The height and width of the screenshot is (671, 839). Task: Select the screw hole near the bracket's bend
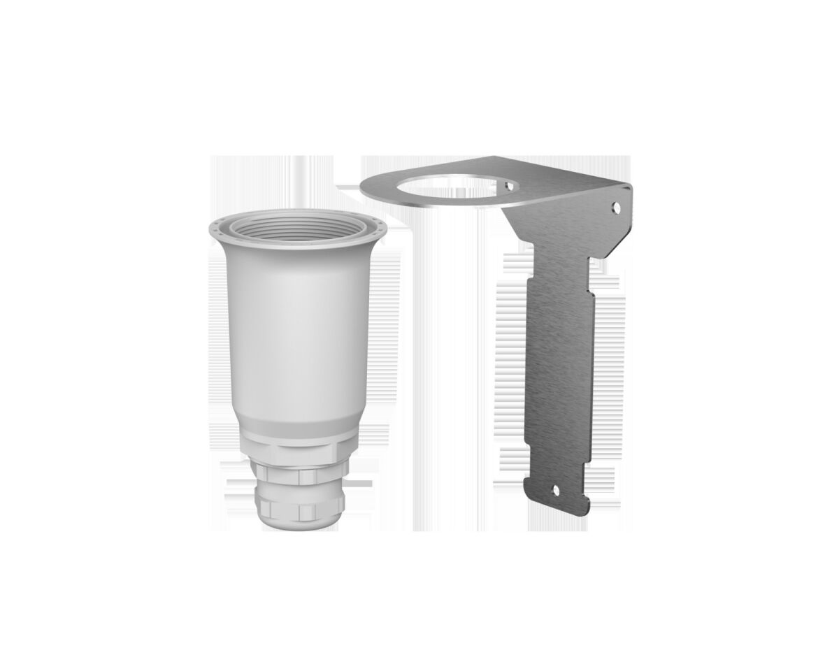(x=616, y=207)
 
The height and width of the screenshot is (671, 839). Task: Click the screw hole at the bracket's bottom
(x=557, y=491)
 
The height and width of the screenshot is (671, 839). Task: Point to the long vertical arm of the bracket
(x=559, y=370)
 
